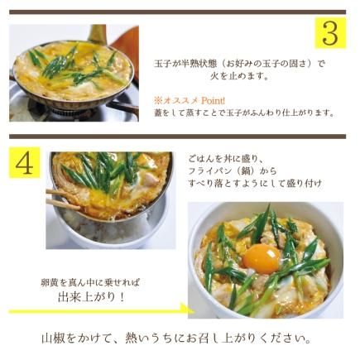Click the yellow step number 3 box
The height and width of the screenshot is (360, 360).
coord(330,33)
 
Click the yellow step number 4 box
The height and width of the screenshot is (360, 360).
coord(25,162)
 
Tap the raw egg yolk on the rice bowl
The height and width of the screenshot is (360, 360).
coord(262,258)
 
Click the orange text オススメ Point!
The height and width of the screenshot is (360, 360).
coord(190,101)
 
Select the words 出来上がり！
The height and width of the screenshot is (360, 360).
coord(91,297)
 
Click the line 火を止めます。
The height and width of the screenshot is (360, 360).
coord(239,76)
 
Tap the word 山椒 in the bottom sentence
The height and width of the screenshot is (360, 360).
coord(53,338)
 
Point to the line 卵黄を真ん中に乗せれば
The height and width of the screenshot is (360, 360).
coord(90,282)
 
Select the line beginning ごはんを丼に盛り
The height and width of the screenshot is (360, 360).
coord(227,159)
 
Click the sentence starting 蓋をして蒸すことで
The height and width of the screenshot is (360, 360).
coord(243,113)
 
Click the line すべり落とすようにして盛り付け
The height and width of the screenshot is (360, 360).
coord(255,184)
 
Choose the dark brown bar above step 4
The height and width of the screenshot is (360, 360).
coord(178,137)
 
